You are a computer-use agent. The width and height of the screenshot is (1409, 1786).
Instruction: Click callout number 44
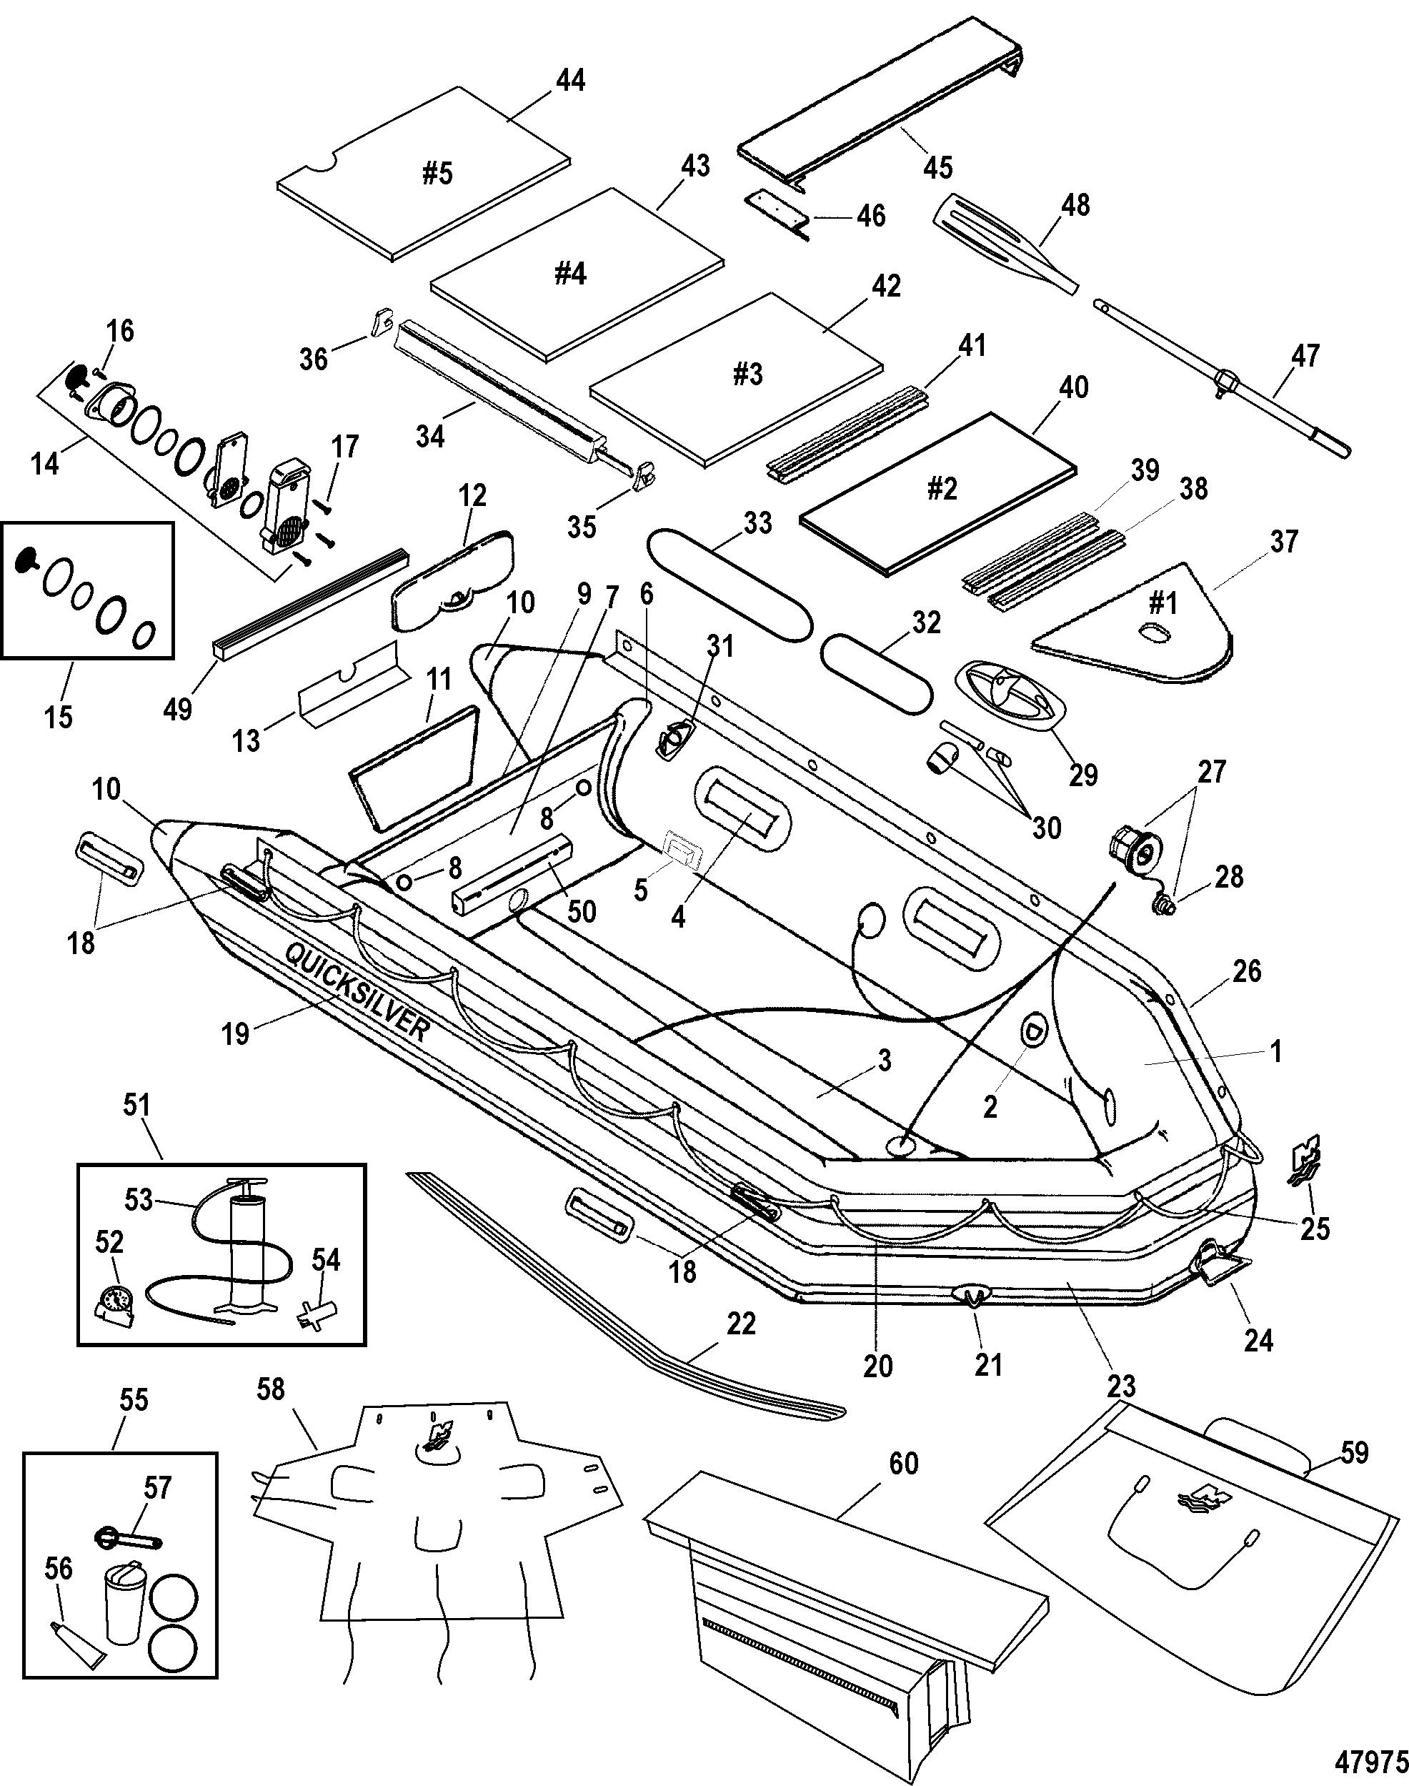[570, 81]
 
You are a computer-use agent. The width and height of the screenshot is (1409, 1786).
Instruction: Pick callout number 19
[236, 1033]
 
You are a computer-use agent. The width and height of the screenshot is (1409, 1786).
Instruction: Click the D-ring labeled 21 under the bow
[973, 1295]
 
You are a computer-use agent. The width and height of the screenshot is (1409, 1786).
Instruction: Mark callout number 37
[1285, 541]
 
